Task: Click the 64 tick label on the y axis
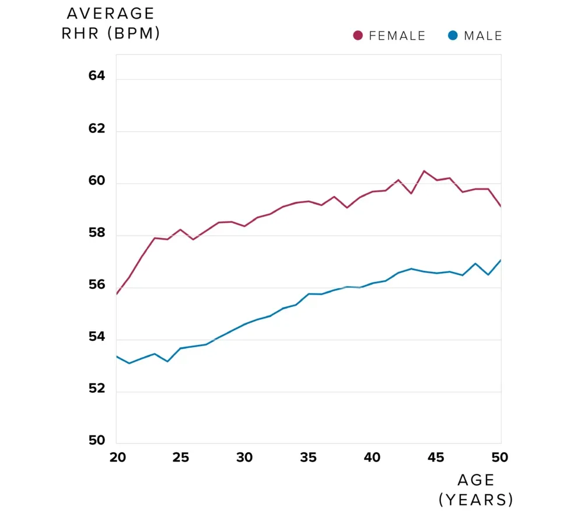coord(97,76)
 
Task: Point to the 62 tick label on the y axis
coord(97,128)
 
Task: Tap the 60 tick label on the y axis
coord(97,181)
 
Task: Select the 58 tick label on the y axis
coord(97,233)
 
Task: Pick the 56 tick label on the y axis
coord(97,285)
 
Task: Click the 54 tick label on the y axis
coord(97,337)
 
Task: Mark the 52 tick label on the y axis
coord(97,389)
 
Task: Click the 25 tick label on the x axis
coord(181,457)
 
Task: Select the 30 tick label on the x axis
coord(245,457)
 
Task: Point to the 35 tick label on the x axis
coord(309,457)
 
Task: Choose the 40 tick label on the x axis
coord(373,457)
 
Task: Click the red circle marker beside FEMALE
coord(358,36)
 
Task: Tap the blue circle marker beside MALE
coord(453,36)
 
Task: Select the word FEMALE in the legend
coord(397,36)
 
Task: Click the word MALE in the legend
coord(483,36)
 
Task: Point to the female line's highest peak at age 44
coord(424,171)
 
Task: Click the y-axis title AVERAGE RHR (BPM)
coord(111,23)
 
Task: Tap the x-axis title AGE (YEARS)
coord(476,490)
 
